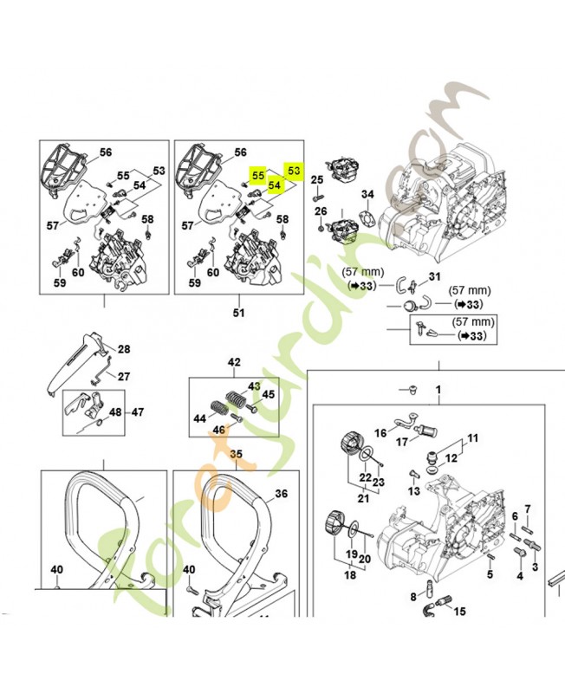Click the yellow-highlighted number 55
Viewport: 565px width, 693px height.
(x=257, y=175)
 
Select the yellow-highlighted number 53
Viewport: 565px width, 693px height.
(x=293, y=171)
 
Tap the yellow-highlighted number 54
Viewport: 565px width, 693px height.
(x=274, y=185)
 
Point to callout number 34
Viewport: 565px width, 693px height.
(x=367, y=194)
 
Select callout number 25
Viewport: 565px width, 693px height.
(x=316, y=179)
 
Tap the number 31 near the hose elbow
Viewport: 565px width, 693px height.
(x=435, y=276)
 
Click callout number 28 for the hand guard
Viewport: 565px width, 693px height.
(x=124, y=349)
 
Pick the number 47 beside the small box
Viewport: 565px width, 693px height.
(x=139, y=412)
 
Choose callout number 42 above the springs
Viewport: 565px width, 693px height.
(x=233, y=362)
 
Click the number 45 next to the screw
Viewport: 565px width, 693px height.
(x=268, y=394)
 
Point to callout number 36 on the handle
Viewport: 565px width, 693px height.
(x=280, y=494)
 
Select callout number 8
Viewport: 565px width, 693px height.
(x=412, y=596)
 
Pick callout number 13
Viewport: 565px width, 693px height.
(x=413, y=491)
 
